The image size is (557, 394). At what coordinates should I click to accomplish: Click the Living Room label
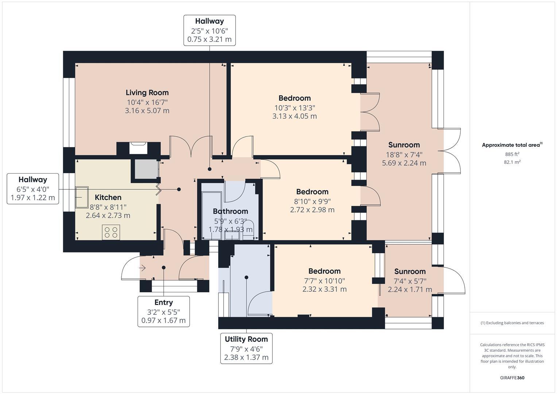147,93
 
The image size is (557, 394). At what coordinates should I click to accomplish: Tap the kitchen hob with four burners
111,232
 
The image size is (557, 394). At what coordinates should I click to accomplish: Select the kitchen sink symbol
82,197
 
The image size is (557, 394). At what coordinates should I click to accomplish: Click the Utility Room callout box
246,348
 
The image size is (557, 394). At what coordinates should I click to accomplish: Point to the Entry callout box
163,311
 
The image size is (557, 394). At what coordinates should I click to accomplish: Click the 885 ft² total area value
512,154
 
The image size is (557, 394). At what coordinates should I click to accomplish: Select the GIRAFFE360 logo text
512,378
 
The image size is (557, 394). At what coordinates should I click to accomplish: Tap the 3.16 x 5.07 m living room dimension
147,111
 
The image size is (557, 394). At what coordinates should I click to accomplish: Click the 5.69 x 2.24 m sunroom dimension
404,163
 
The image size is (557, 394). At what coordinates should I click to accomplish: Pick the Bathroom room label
230,211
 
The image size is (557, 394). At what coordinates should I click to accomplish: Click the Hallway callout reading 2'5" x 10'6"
209,30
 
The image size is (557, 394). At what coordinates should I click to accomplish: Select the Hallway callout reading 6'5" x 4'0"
33,189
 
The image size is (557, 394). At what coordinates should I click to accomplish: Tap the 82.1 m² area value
512,162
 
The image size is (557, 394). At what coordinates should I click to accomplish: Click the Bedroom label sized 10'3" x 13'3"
294,98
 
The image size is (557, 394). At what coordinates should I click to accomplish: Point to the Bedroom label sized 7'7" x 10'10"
324,271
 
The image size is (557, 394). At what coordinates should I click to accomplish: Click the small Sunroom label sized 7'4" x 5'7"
410,271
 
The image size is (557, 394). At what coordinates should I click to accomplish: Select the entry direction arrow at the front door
142,268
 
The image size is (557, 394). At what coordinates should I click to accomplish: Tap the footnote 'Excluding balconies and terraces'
512,323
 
